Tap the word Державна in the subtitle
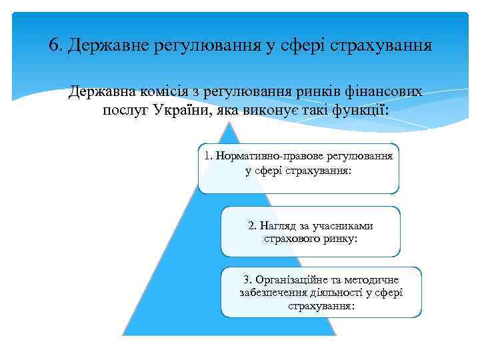coord(101,92)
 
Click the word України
coord(181,109)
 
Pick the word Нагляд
coord(279,225)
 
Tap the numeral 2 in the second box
coord(251,225)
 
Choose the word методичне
coord(373,279)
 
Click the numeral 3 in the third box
coord(246,279)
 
